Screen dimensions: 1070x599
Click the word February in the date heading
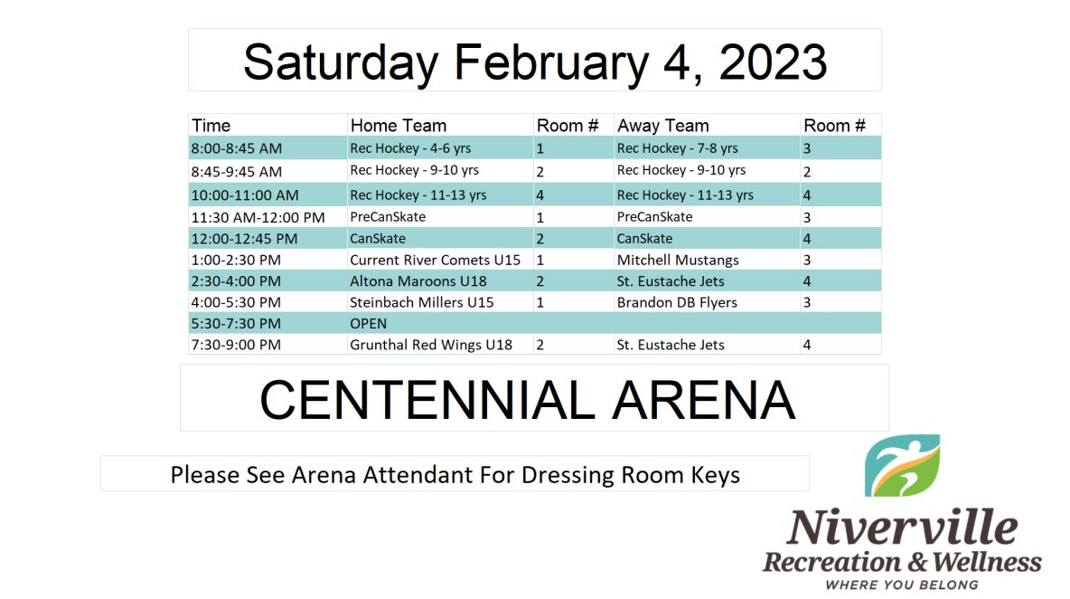(x=550, y=63)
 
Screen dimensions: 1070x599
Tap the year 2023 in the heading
(x=773, y=62)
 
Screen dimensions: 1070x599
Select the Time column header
(x=211, y=126)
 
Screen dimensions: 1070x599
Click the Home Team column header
(x=399, y=126)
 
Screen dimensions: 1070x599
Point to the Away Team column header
(x=662, y=126)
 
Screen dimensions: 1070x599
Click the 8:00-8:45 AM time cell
(x=236, y=148)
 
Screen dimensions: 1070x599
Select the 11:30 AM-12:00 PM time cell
(x=258, y=217)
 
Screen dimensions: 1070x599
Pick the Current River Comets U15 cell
(x=435, y=261)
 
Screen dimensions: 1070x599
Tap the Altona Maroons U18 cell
(x=418, y=281)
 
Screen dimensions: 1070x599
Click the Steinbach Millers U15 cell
(x=422, y=302)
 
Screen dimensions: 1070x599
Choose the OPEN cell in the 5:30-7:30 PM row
(x=368, y=324)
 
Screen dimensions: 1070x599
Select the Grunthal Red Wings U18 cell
(x=430, y=345)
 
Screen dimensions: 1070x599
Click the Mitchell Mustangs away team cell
(x=678, y=261)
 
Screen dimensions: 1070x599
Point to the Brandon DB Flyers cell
(x=677, y=302)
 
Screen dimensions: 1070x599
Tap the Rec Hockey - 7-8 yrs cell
(x=677, y=148)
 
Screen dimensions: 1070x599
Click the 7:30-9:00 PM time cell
(x=236, y=345)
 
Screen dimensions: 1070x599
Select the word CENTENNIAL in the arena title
(x=427, y=400)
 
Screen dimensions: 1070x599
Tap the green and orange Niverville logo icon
(x=902, y=466)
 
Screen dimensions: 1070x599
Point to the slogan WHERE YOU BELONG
(x=901, y=585)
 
